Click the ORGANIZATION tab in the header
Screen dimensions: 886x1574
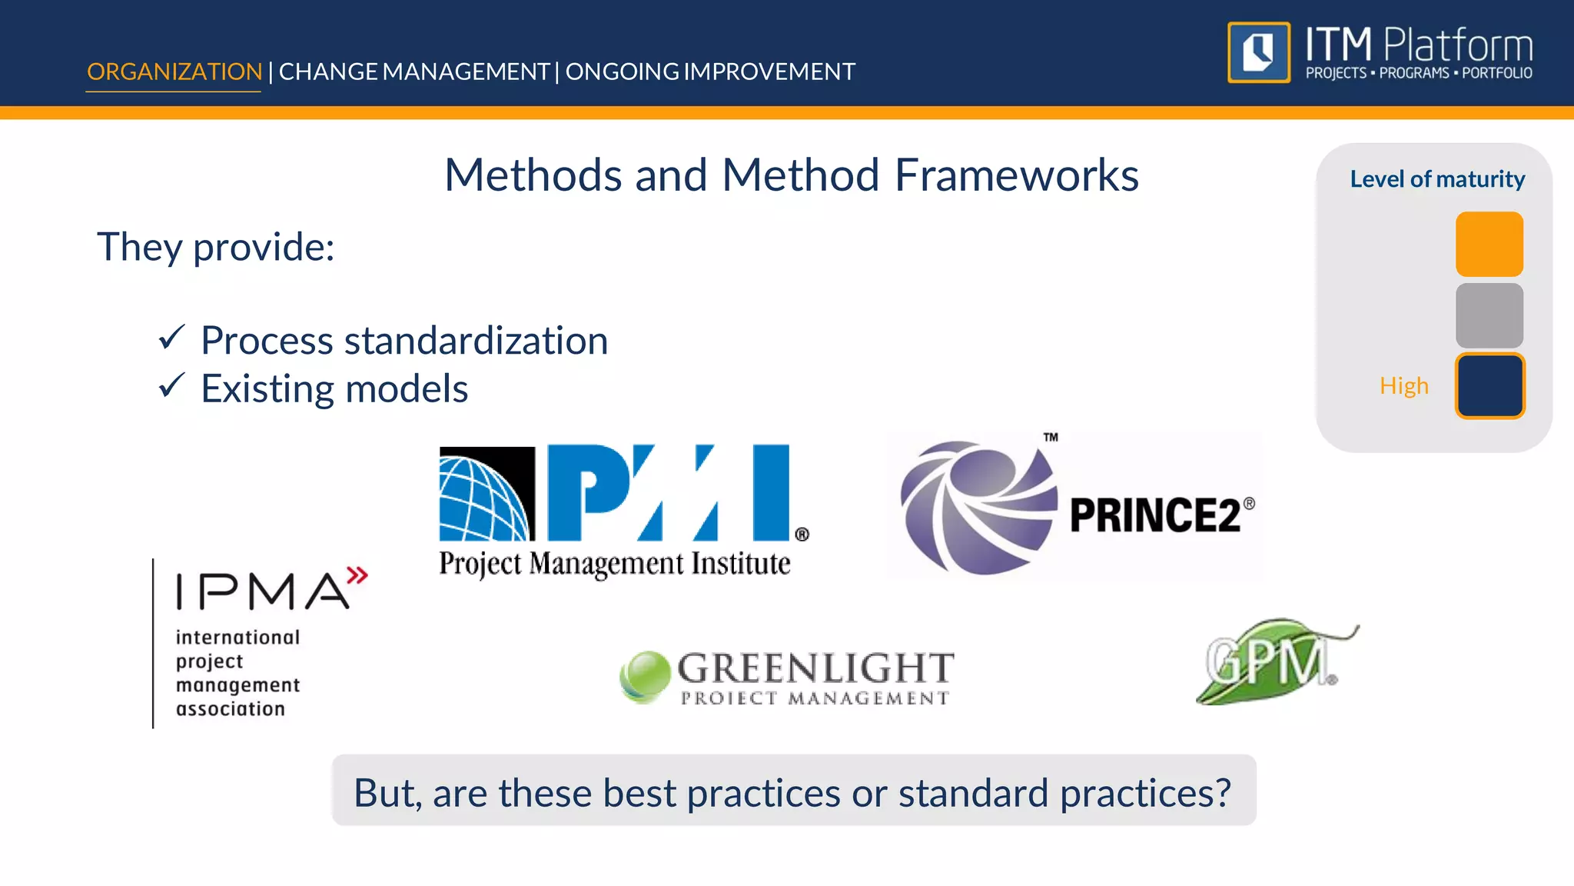[174, 72]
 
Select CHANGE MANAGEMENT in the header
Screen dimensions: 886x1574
[413, 72]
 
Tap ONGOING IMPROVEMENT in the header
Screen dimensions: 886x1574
[710, 72]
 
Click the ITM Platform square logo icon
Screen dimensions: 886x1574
[1258, 52]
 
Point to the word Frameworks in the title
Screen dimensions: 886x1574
[1016, 175]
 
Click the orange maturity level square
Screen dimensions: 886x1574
[1489, 244]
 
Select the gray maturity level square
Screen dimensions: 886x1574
[1489, 315]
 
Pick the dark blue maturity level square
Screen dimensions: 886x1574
[1489, 385]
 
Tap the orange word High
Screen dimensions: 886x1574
[1403, 385]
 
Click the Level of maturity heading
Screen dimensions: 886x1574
[1436, 179]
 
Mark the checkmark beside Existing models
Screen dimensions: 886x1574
[171, 385]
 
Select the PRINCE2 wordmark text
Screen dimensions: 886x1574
[1155, 515]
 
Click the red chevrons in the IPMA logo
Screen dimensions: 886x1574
[357, 575]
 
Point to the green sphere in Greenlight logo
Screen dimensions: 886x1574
[644, 675]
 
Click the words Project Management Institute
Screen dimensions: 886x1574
[614, 564]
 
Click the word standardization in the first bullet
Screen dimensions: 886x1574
[476, 341]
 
